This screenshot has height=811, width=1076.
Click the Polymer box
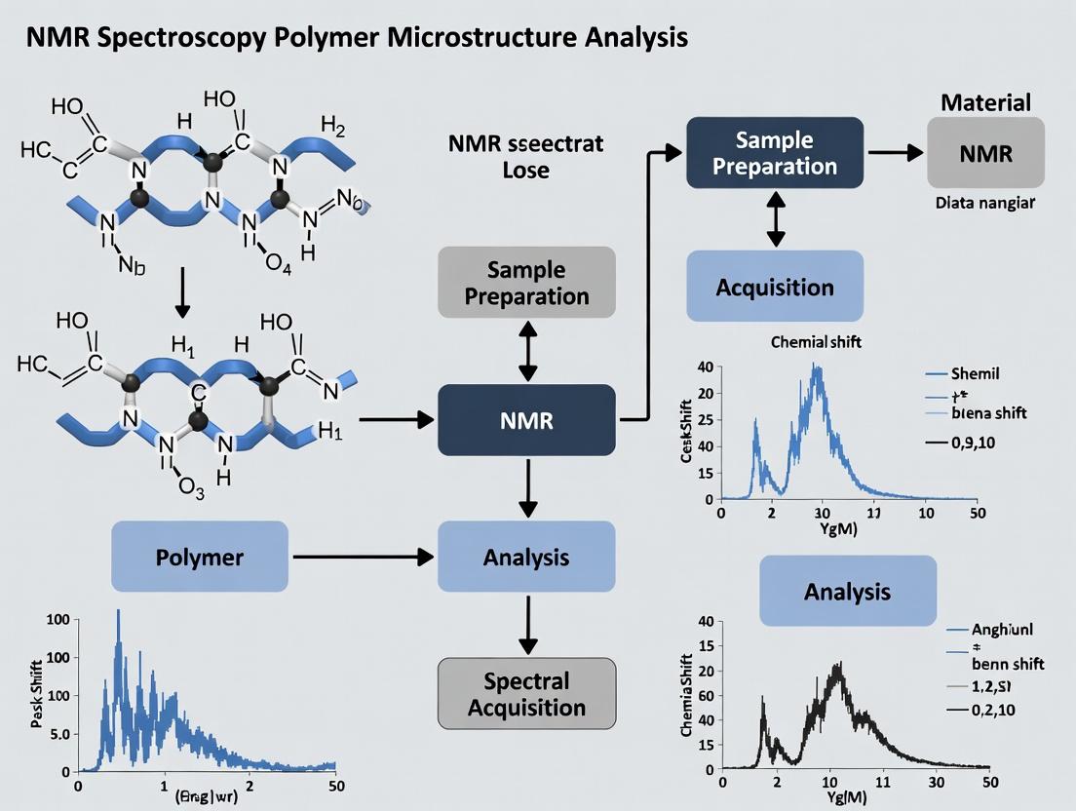coord(200,557)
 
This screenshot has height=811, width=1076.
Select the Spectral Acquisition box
coord(526,693)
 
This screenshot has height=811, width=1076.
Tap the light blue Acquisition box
coord(775,287)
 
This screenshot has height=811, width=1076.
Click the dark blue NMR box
coord(526,420)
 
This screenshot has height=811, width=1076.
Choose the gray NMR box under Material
coord(985,153)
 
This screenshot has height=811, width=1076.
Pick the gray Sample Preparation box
coord(526,282)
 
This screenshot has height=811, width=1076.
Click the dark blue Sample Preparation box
coord(775,153)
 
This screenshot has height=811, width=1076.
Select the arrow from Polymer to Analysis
coord(363,557)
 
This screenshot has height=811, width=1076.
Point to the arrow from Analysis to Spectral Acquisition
coord(527,625)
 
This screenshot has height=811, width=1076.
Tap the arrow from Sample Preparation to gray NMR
coord(895,153)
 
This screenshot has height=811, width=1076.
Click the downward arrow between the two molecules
coord(182,297)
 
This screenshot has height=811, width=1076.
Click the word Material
coord(985,102)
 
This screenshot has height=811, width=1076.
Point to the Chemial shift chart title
coord(816,342)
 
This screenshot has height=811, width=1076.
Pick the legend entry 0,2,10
coord(992,710)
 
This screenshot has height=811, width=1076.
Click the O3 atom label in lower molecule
coord(192,490)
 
